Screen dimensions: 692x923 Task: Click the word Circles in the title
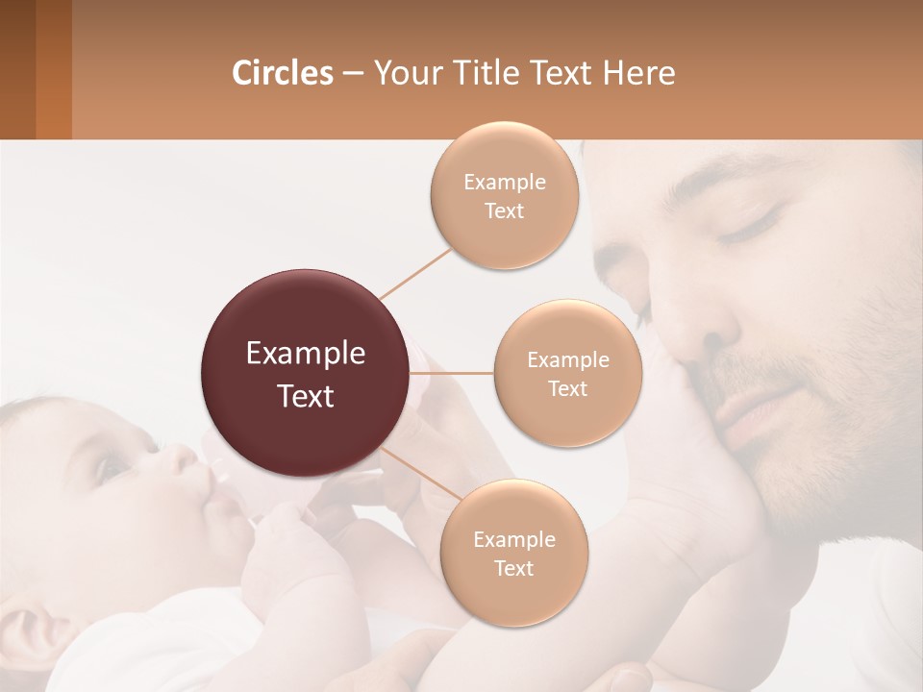[x=282, y=73]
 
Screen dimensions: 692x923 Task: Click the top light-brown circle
[x=504, y=195]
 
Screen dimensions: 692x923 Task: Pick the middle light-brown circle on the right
[x=567, y=373]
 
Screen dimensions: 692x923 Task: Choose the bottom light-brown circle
[x=513, y=553]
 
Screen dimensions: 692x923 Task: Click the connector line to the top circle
[x=415, y=273]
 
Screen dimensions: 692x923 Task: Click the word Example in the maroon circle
[x=306, y=354]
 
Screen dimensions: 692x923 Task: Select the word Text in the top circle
[x=504, y=210]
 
